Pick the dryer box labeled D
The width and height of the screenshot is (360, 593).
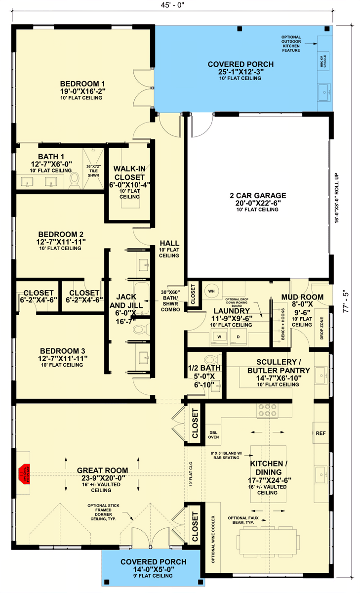pos(238,337)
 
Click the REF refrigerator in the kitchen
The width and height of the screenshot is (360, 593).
pos(320,433)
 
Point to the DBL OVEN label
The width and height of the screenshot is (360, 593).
pos(213,433)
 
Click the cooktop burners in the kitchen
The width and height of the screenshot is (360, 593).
pos(267,410)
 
